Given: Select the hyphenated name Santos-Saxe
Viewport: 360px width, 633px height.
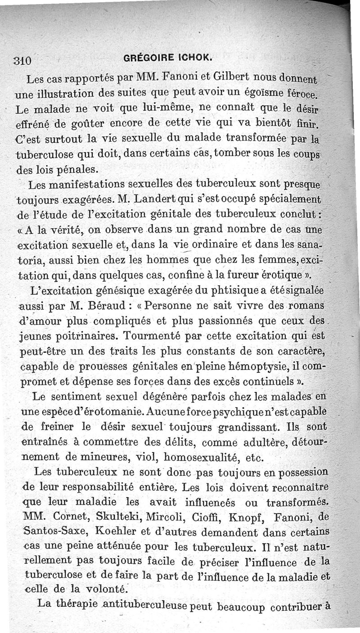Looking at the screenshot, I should [x=54, y=531].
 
